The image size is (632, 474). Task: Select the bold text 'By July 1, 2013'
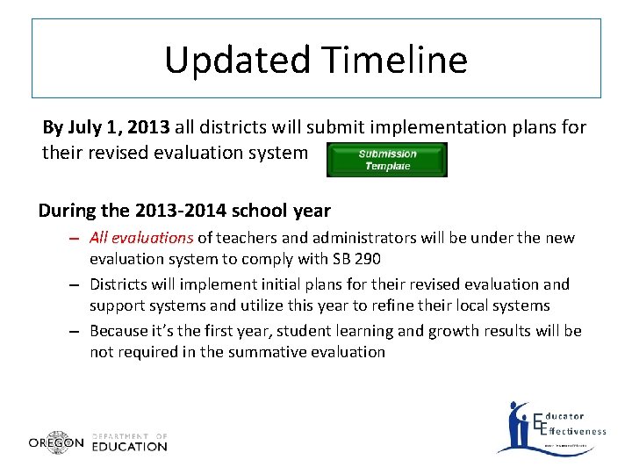coord(106,127)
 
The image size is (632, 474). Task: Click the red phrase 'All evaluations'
coord(141,237)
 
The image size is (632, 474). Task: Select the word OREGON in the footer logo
coord(57,444)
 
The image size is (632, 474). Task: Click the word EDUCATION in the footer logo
coord(129,446)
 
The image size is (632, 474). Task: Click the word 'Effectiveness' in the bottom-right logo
coord(575,431)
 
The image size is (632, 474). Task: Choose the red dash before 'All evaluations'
coord(77,238)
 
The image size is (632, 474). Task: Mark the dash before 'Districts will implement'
coord(77,284)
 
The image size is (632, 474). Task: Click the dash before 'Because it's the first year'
coord(77,331)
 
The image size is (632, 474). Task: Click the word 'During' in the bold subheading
coord(68,211)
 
